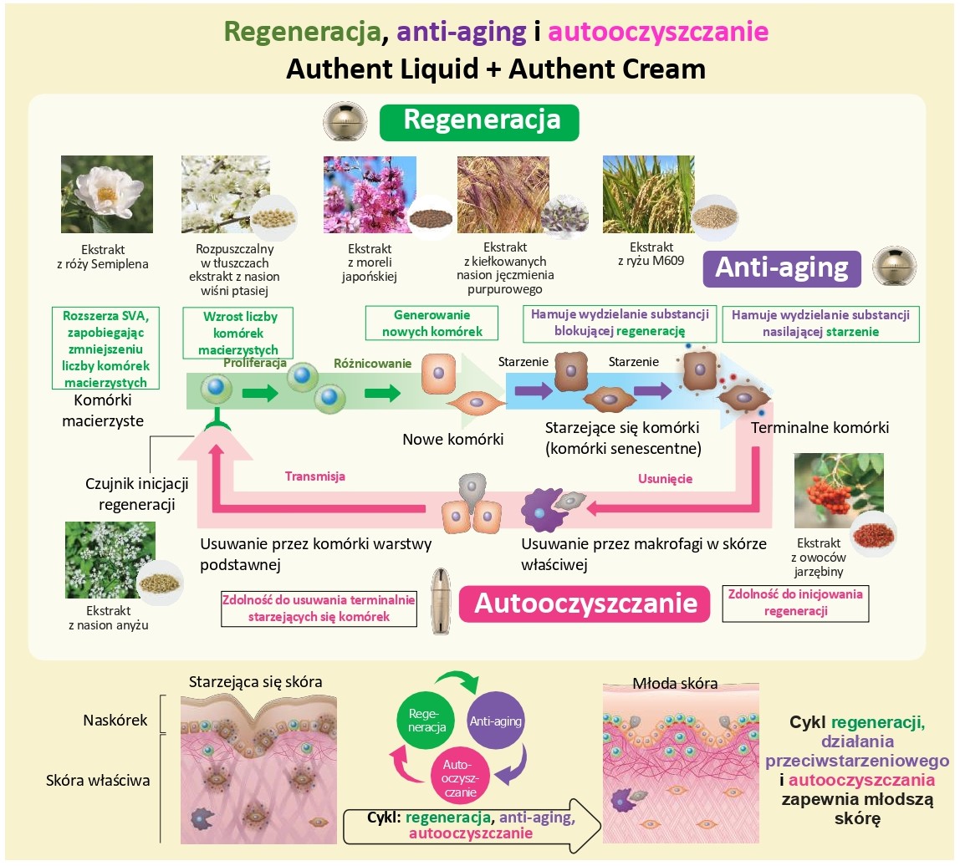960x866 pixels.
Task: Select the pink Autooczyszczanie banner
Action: coord(585,603)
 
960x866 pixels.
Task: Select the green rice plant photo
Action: coord(647,194)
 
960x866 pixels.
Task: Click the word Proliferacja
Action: coord(255,364)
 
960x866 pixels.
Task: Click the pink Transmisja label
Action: coord(314,476)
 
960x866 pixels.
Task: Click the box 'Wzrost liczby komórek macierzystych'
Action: coord(240,332)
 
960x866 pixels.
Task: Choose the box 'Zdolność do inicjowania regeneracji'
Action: coord(795,602)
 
